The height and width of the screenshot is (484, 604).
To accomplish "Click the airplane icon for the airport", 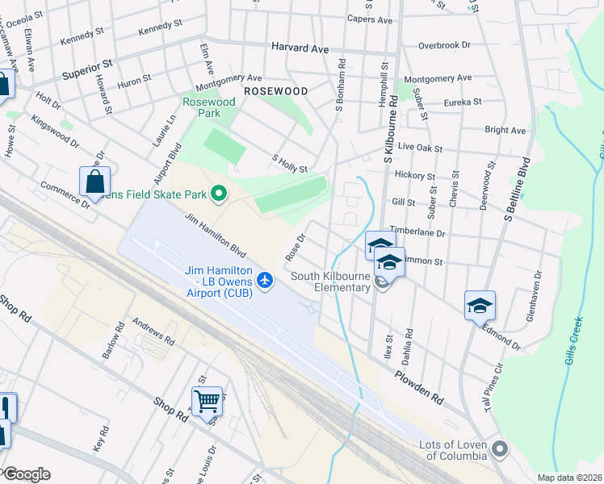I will tap(264, 280).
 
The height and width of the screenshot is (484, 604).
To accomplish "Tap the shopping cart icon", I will tap(207, 399).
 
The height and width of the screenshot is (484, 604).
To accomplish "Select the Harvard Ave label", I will tap(300, 48).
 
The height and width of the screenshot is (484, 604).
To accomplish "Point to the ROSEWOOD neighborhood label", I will tap(276, 91).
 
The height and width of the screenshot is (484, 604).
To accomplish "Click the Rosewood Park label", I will tap(209, 107).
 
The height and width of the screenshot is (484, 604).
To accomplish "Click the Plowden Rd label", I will tap(420, 387).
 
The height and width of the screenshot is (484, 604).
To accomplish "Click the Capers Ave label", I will tap(369, 19).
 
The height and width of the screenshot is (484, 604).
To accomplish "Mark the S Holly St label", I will tap(291, 165).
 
